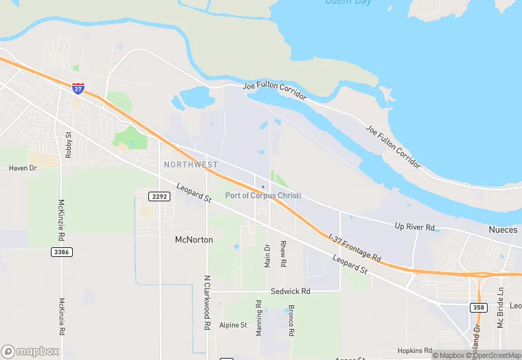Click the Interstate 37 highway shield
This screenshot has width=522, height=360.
click(x=78, y=89)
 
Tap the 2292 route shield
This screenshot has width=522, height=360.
click(x=159, y=196)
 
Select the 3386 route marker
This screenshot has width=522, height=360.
click(x=61, y=252)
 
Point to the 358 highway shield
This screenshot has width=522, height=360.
click(x=478, y=307)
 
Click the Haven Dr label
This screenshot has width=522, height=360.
click(x=22, y=168)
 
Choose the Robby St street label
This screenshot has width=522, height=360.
click(x=68, y=145)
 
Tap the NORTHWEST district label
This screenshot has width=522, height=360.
click(x=191, y=165)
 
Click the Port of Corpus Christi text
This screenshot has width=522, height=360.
click(x=263, y=196)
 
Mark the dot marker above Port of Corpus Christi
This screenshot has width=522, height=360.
click(x=262, y=186)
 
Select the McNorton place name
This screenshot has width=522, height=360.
click(x=194, y=240)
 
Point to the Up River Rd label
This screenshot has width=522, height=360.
click(x=415, y=227)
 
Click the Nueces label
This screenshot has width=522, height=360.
click(x=503, y=229)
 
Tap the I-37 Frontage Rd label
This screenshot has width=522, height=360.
click(x=355, y=247)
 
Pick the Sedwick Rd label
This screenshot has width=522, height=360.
click(x=290, y=291)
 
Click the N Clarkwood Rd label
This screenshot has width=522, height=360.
click(x=207, y=302)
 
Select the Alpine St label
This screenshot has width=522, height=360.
click(x=233, y=325)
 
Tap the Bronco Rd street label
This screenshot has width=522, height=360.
click(x=292, y=319)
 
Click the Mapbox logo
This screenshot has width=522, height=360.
click(x=30, y=351)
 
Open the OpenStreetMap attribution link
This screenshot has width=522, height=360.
click(x=492, y=355)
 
